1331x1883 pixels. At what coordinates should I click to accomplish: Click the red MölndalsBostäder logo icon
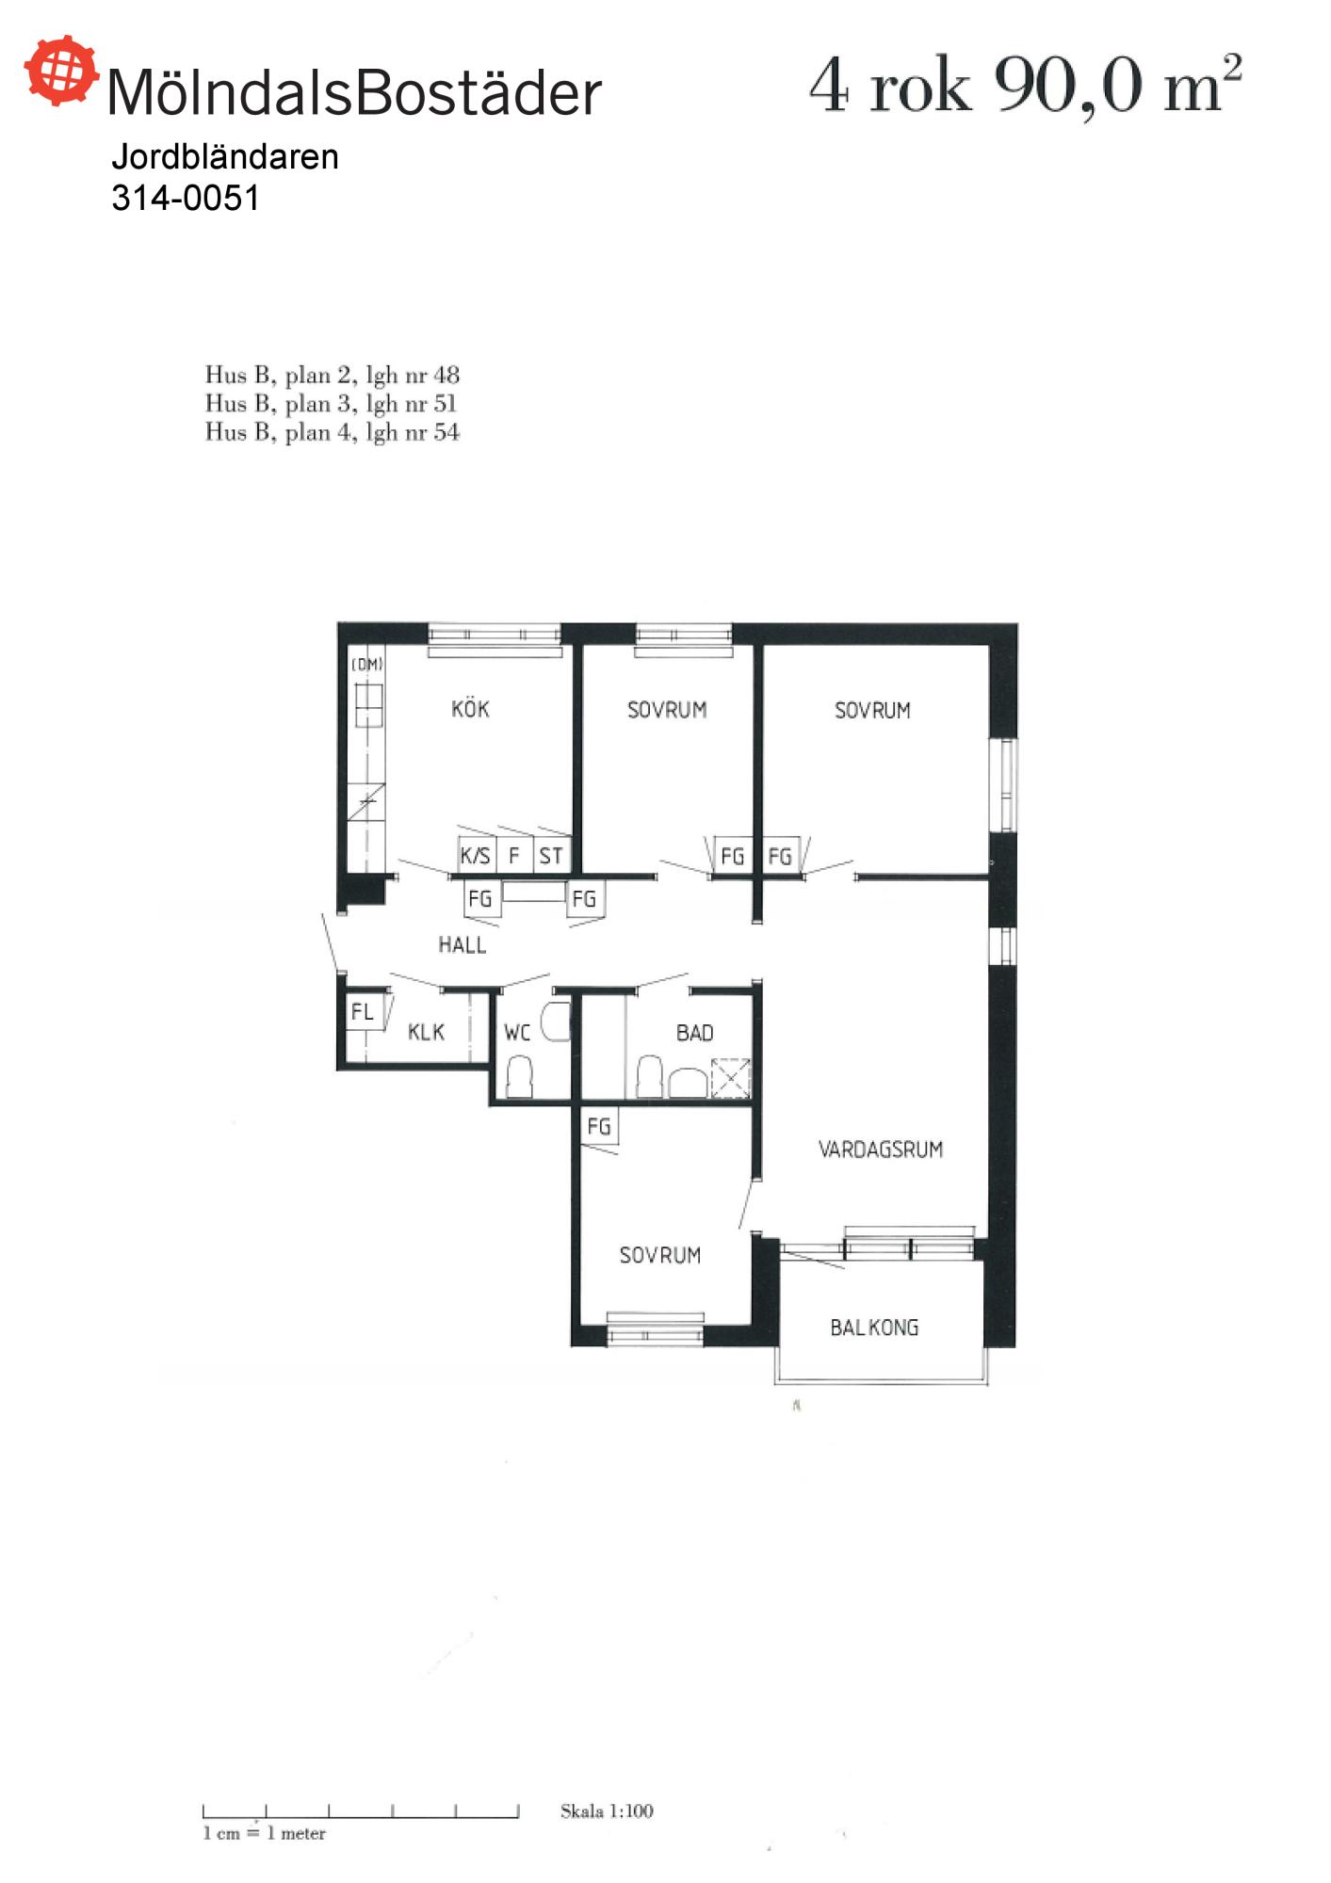(x=61, y=70)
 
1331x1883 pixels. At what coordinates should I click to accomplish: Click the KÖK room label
(x=470, y=708)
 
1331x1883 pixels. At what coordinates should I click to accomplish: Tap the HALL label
(x=462, y=944)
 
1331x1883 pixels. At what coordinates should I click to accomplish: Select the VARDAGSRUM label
(x=880, y=1149)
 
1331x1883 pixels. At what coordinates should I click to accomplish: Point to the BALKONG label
(x=873, y=1328)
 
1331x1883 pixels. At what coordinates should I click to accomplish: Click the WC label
(x=517, y=1032)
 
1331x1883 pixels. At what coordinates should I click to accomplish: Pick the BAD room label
(x=694, y=1032)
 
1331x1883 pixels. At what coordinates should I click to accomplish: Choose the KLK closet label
(x=426, y=1032)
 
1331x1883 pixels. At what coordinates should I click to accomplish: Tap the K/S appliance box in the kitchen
(x=476, y=854)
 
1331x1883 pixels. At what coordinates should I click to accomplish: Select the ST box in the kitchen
(x=552, y=854)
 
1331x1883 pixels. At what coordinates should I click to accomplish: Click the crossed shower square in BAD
(x=730, y=1078)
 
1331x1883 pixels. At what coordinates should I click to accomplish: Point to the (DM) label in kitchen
(x=367, y=664)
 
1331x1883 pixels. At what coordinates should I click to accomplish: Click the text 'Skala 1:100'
(x=607, y=1811)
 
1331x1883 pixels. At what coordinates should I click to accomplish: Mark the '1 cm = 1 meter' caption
(x=265, y=1833)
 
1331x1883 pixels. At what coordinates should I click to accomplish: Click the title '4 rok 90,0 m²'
(x=1026, y=86)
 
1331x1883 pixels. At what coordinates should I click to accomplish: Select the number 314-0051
(x=186, y=198)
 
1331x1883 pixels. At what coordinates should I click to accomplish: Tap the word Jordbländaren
(x=225, y=156)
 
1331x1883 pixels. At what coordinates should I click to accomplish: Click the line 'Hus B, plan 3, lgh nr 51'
(x=332, y=404)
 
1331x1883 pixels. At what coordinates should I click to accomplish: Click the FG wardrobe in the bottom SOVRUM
(x=599, y=1126)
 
